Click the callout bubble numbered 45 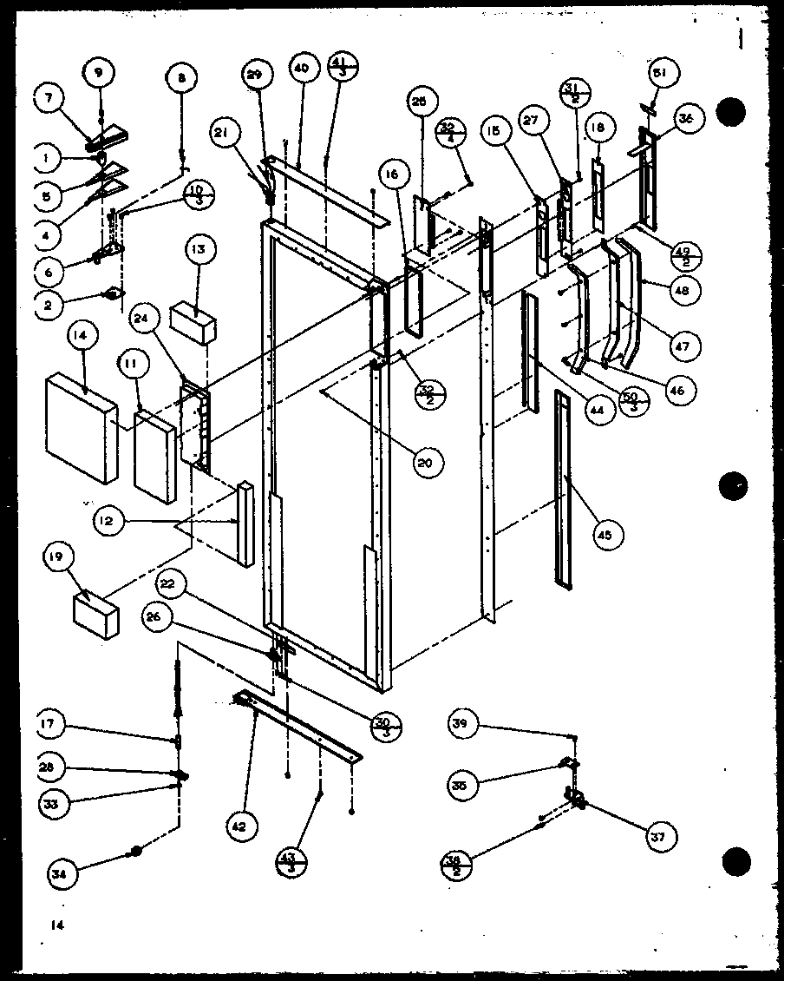tap(605, 535)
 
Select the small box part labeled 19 tap(97, 616)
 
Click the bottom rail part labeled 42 tap(299, 725)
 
